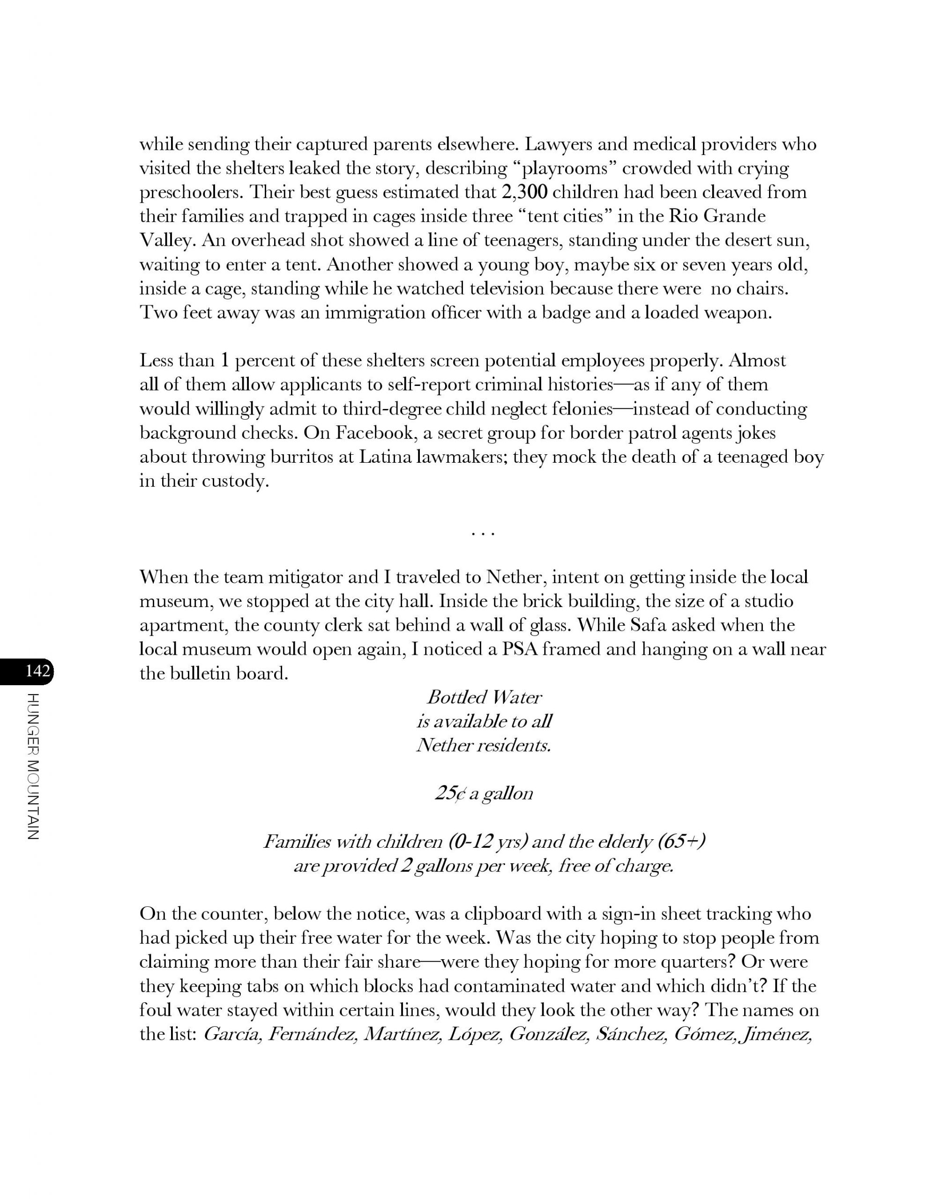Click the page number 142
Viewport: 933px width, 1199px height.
tap(37, 671)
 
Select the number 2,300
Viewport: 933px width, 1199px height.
tap(525, 192)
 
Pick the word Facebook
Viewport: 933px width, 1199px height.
tap(371, 433)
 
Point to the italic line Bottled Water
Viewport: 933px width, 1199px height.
tap(484, 698)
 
